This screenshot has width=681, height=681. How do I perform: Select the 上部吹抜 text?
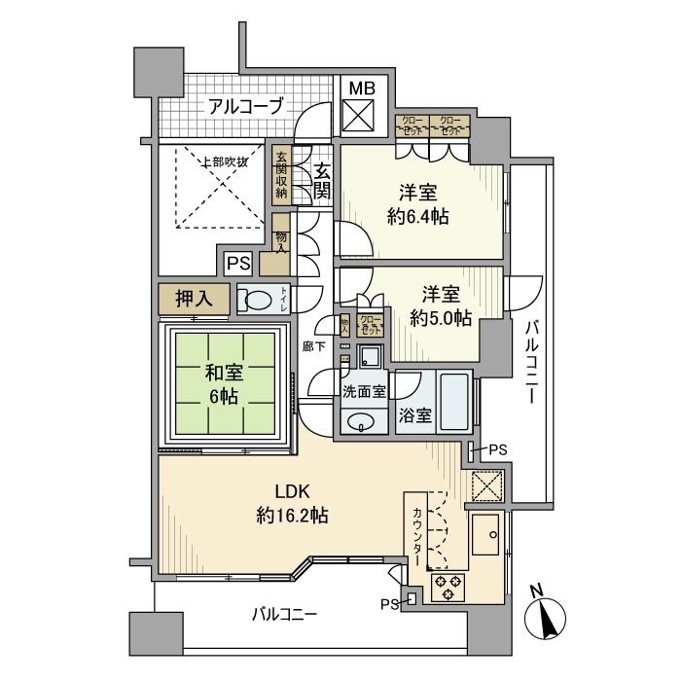coord(224,161)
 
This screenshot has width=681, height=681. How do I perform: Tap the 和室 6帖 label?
coord(225,382)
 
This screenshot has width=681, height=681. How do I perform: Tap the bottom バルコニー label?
coord(284,614)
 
